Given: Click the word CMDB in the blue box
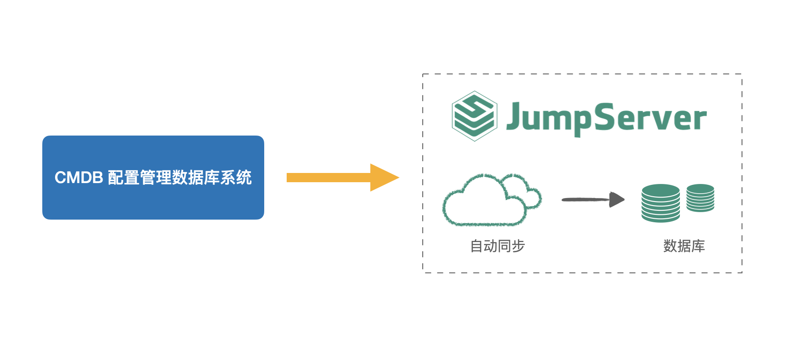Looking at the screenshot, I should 79,178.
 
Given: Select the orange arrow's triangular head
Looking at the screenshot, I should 383,177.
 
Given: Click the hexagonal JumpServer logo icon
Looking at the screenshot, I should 474,116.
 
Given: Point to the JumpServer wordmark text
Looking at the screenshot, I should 606,118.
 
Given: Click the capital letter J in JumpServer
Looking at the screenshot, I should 514,116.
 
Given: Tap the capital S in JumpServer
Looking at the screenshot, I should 607,116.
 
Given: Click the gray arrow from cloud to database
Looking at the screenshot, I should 586,199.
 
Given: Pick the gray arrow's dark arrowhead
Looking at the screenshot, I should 616,199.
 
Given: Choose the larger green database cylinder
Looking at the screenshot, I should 661,203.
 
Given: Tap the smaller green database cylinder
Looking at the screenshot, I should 700,198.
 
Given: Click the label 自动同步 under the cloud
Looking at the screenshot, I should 498,246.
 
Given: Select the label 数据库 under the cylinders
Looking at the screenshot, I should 684,246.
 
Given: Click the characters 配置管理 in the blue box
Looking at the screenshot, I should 140,178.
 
